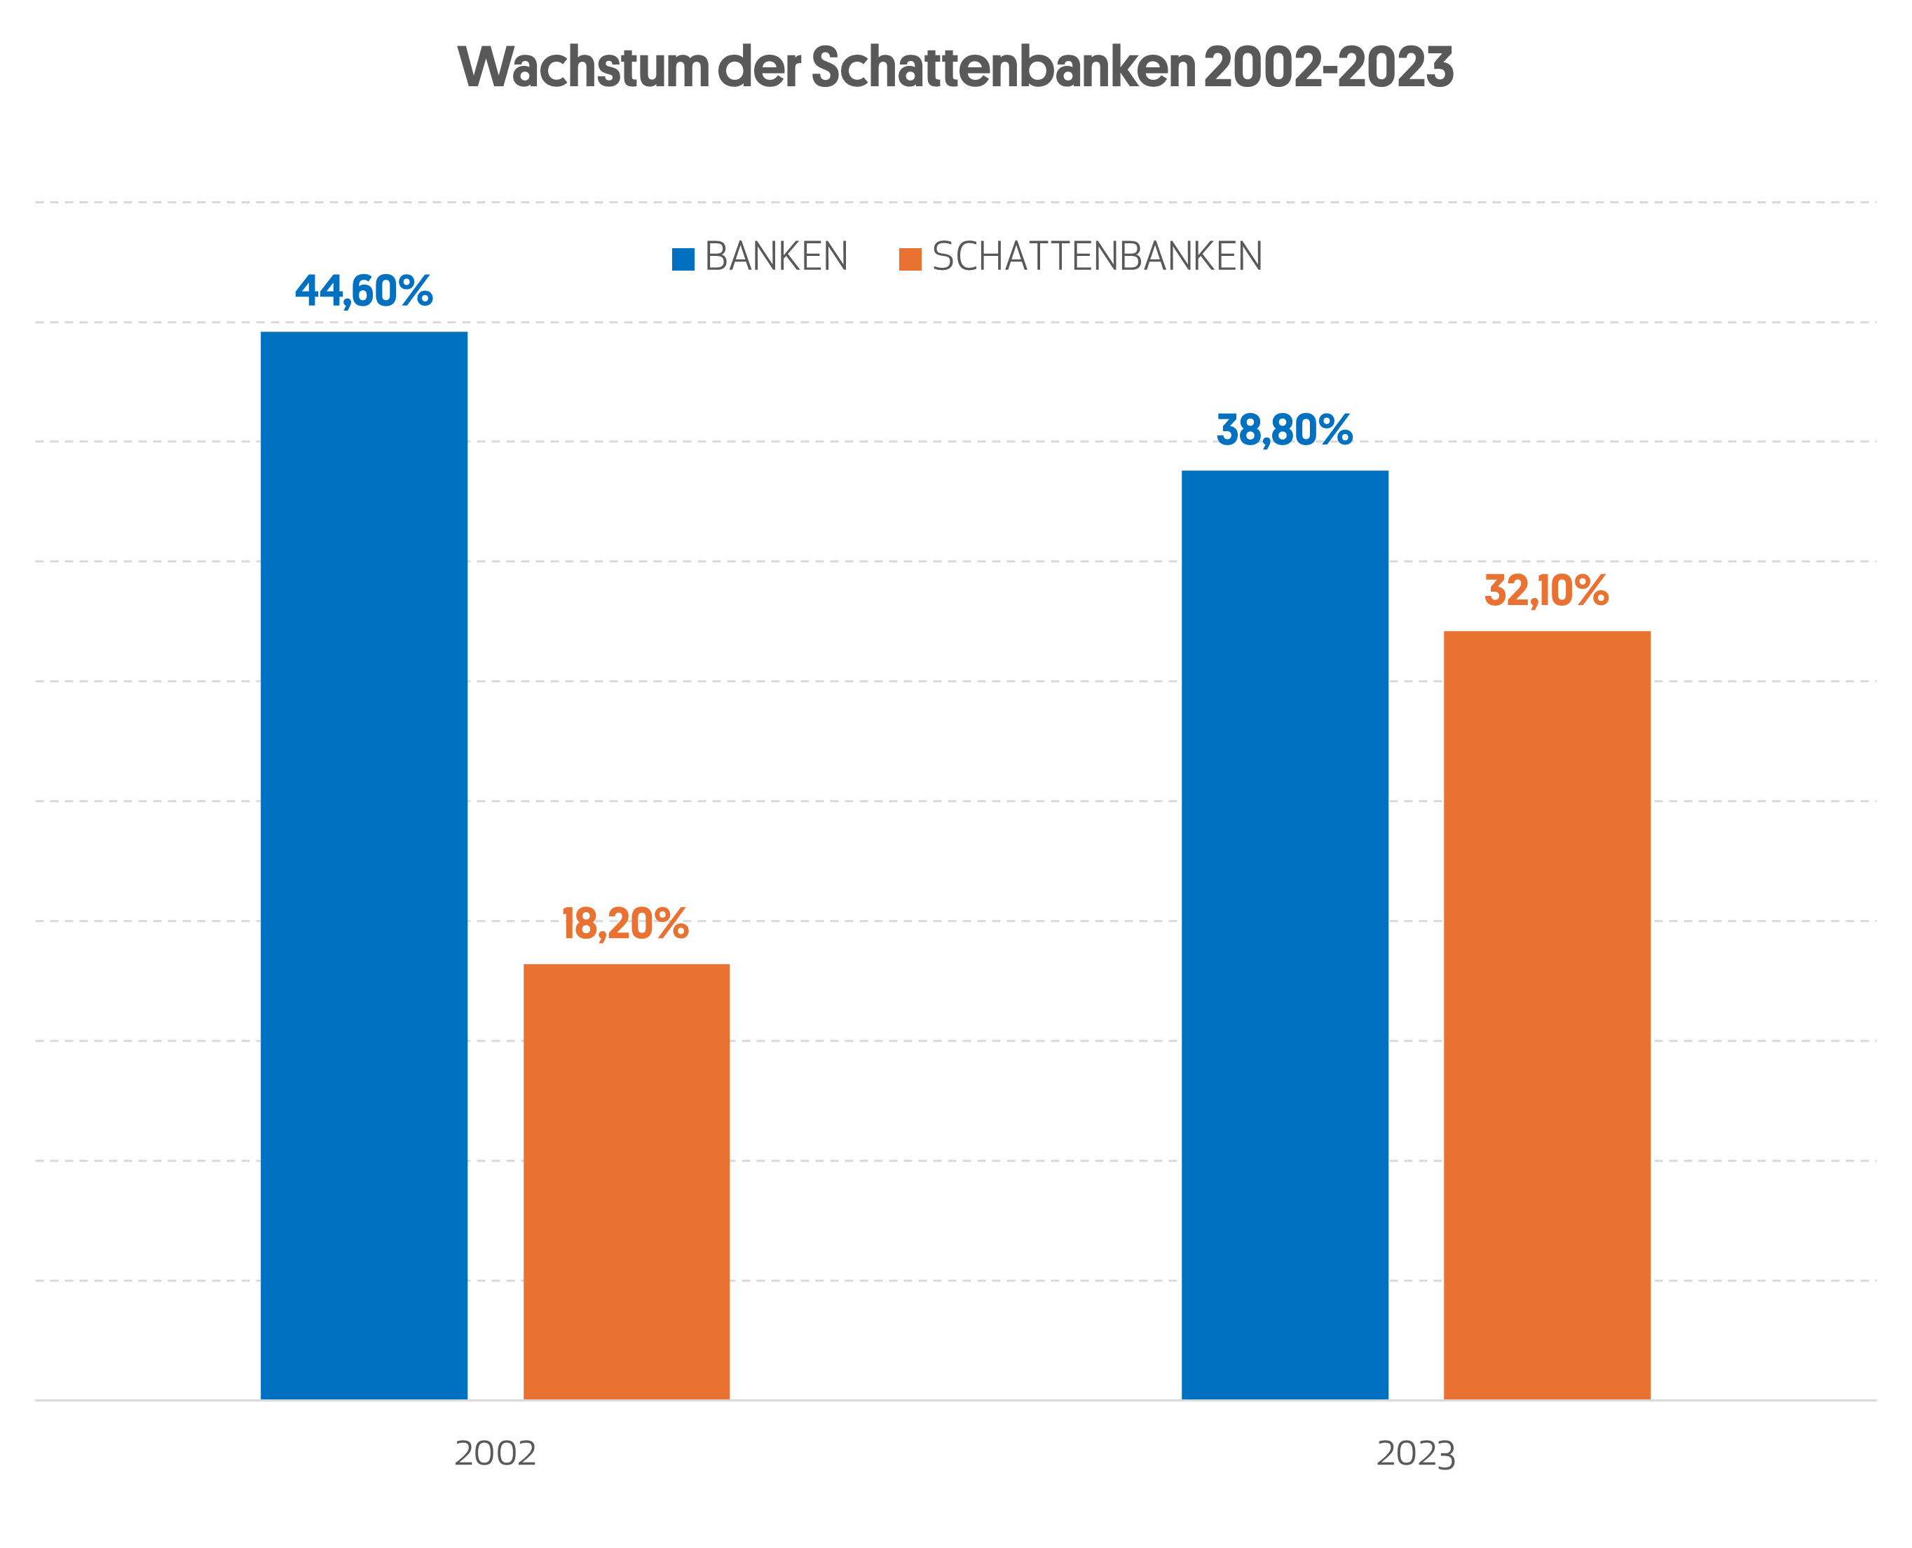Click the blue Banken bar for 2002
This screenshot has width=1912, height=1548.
(x=364, y=865)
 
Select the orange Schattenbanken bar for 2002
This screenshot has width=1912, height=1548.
(x=626, y=1181)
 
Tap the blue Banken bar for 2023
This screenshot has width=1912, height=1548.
(x=1285, y=935)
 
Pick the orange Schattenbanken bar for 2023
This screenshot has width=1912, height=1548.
(x=1547, y=1014)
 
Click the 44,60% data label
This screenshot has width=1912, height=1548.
(x=364, y=292)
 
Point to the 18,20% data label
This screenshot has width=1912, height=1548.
(x=625, y=924)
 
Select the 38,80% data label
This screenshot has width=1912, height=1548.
(x=1285, y=430)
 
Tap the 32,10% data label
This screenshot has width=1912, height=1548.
(x=1547, y=591)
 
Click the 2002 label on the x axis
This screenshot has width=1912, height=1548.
(x=495, y=1453)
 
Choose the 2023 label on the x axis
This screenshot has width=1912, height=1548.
(x=1416, y=1453)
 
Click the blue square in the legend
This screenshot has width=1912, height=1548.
(x=683, y=259)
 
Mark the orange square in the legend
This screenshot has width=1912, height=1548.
(x=910, y=259)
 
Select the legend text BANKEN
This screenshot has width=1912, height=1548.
(x=777, y=257)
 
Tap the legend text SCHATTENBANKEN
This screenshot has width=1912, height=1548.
(x=1098, y=257)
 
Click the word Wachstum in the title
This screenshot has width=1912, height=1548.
(x=584, y=67)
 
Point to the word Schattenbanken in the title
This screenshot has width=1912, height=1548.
(x=1003, y=67)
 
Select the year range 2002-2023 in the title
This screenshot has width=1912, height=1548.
(x=1328, y=67)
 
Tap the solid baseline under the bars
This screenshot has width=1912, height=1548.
(x=955, y=1401)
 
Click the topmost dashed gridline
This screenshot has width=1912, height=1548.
(x=955, y=203)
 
